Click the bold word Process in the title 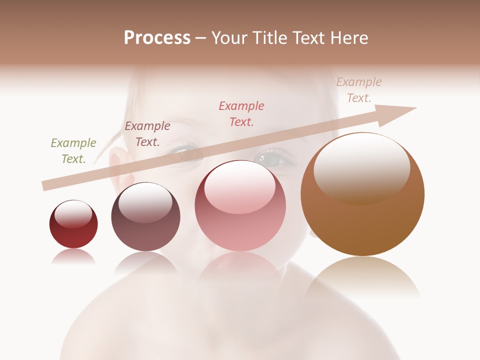157,38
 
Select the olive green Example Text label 73,151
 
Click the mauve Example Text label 147,134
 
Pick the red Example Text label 241,113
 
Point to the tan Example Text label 359,90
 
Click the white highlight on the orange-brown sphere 362,167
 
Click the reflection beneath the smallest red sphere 73,256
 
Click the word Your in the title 230,38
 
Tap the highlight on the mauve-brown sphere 145,202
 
